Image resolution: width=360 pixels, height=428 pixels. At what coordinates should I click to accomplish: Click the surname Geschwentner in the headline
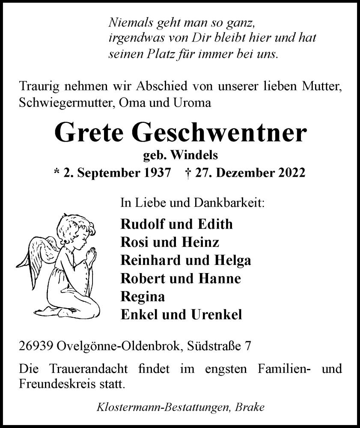click(x=221, y=134)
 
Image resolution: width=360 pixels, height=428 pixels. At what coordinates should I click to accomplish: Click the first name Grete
click(x=90, y=134)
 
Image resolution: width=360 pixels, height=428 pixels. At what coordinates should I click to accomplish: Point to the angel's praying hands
click(x=91, y=257)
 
